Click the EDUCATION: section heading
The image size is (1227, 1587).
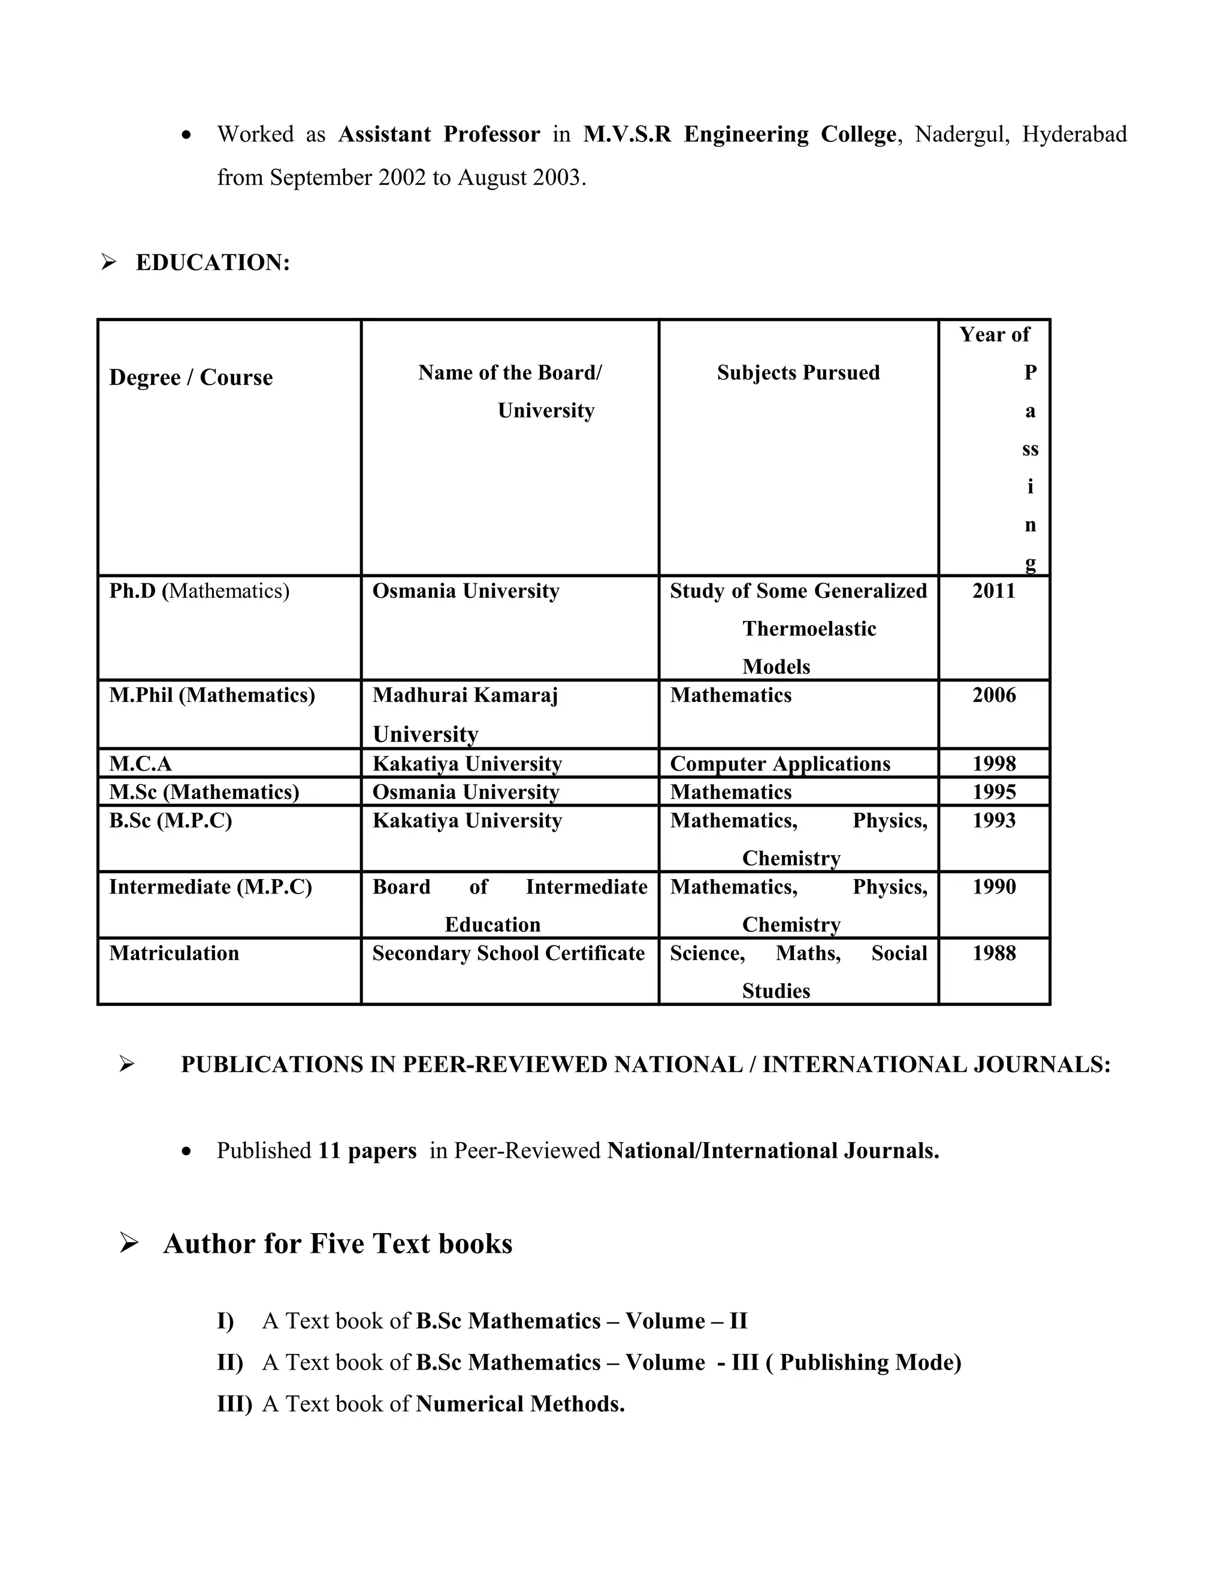pyautogui.click(x=212, y=262)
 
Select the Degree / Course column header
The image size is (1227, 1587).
pyautogui.click(x=191, y=377)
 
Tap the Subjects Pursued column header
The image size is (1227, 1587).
pyautogui.click(x=798, y=372)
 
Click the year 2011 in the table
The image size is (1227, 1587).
pyautogui.click(x=994, y=590)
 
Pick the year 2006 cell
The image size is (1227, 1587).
pyautogui.click(x=994, y=695)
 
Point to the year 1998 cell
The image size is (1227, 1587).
pyautogui.click(x=994, y=764)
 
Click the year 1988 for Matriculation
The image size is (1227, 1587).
pyautogui.click(x=994, y=953)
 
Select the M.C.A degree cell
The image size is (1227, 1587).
pyautogui.click(x=140, y=764)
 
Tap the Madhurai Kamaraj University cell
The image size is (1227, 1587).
pyautogui.click(x=465, y=714)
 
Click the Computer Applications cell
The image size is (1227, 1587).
pyautogui.click(x=780, y=764)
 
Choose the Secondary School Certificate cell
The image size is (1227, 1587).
pyautogui.click(x=508, y=953)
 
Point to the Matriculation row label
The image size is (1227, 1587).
pyautogui.click(x=174, y=953)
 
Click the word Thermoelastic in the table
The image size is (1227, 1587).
pyautogui.click(x=809, y=629)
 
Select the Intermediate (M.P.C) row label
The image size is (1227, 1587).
pyautogui.click(x=210, y=888)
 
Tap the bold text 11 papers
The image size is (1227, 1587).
pyautogui.click(x=367, y=1150)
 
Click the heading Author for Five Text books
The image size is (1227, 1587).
pyautogui.click(x=337, y=1243)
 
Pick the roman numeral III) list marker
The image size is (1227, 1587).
pyautogui.click(x=234, y=1403)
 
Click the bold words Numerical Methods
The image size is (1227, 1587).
pyautogui.click(x=519, y=1403)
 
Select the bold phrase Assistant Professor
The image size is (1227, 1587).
pyautogui.click(x=439, y=134)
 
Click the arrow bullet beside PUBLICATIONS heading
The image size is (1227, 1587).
pyautogui.click(x=126, y=1065)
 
